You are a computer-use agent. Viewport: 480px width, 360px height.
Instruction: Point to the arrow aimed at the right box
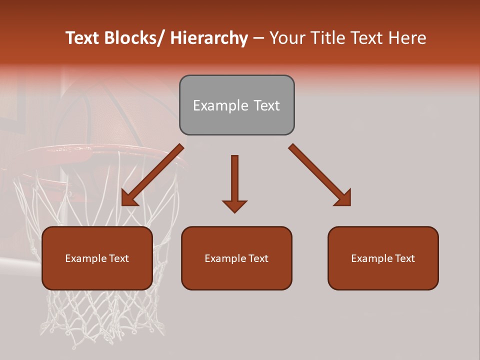(320, 175)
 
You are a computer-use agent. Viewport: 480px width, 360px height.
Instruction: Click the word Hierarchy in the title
(208, 38)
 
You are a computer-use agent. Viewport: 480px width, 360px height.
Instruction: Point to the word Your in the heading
(287, 38)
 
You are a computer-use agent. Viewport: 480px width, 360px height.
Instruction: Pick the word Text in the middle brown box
(257, 258)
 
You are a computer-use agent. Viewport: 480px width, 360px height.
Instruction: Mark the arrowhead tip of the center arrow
(234, 212)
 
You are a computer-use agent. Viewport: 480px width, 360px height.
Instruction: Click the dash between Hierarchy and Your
(258, 38)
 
